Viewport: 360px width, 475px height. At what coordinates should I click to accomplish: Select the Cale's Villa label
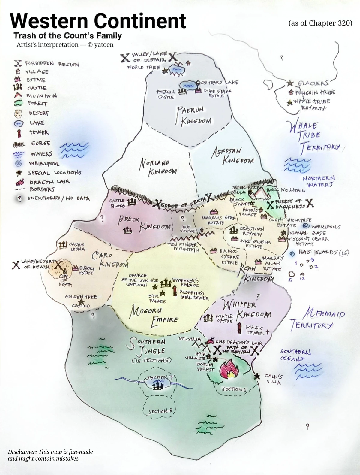(x=273, y=379)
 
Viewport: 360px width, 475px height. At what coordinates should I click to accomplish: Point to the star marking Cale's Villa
(x=257, y=376)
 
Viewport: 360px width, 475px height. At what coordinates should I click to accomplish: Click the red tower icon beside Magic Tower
(x=239, y=328)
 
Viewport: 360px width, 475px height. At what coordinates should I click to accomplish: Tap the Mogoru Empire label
(x=154, y=315)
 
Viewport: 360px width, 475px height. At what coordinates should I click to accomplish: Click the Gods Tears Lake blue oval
(x=188, y=85)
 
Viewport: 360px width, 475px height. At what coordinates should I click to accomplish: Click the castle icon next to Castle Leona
(x=63, y=246)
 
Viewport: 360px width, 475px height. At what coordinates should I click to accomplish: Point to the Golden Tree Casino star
(x=81, y=301)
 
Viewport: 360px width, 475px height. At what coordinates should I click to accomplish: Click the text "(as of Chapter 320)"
(x=320, y=23)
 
